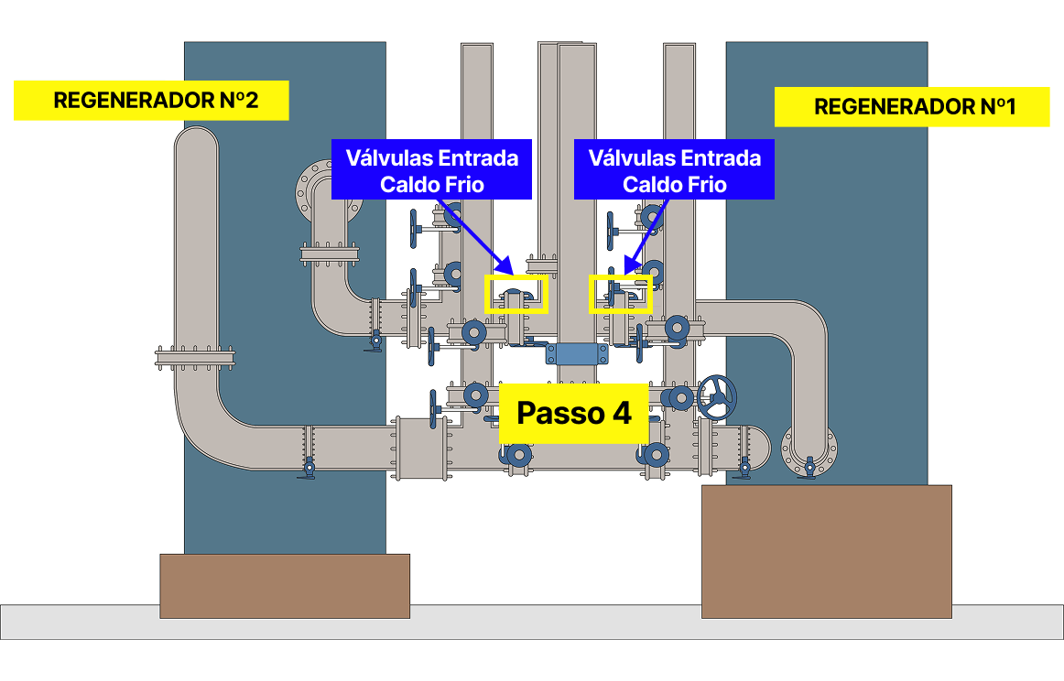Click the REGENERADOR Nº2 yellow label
[x=151, y=101]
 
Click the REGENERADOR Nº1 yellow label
[x=911, y=107]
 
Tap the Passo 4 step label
[x=574, y=413]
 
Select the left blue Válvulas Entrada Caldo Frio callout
[x=431, y=170]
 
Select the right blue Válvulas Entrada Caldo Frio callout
[x=674, y=170]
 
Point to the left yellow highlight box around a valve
[x=516, y=294]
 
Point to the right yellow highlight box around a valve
[x=621, y=294]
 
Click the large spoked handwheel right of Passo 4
[x=717, y=396]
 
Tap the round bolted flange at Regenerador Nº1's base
[x=809, y=451]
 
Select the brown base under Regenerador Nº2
[x=285, y=586]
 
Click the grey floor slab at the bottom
[x=531, y=622]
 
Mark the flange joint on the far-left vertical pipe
[x=196, y=357]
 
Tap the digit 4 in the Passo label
[x=620, y=413]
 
